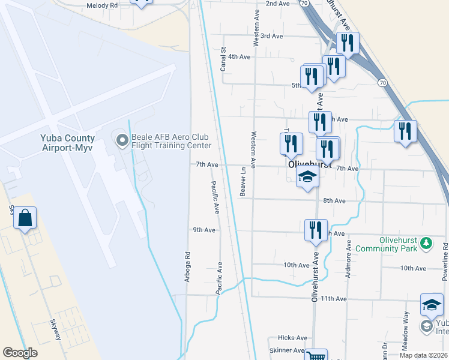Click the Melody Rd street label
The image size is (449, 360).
point(102,5)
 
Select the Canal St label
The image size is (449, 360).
point(223,59)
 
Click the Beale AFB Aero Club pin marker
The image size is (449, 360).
point(122,141)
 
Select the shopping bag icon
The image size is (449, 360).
point(25,218)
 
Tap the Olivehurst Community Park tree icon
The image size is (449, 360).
point(426,243)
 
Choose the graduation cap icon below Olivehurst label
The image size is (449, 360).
point(307,178)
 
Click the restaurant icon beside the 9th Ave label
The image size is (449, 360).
point(316,230)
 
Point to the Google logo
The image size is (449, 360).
point(20,353)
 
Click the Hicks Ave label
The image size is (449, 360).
point(292,338)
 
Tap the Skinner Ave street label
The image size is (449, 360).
point(287,350)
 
